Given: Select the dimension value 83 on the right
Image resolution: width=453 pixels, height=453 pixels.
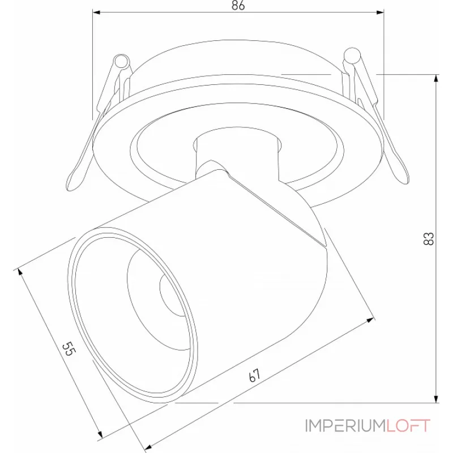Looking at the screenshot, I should coord(429,238).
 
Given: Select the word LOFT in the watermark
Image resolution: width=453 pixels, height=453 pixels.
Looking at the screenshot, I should coord(408,425).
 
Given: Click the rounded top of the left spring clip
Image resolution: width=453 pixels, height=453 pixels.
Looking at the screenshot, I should coord(121,61).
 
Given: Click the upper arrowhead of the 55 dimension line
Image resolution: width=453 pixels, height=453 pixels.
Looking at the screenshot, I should coord(23,273).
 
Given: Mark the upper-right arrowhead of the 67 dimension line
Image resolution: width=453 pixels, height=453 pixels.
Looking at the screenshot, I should coord(371,320).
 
